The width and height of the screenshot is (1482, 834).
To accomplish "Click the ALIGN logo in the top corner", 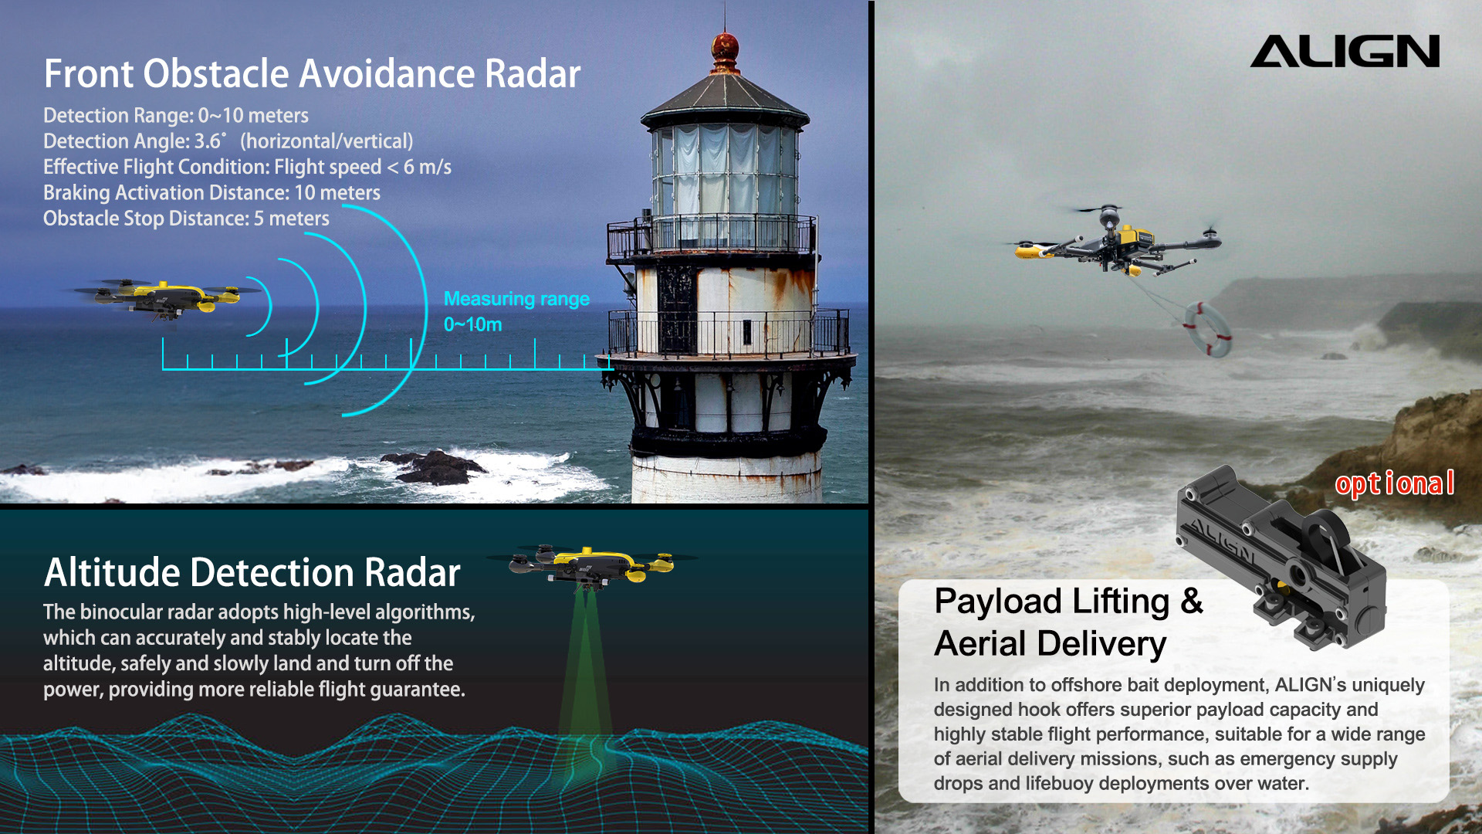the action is (1345, 51).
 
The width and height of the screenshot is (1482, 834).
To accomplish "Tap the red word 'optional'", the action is (1395, 483).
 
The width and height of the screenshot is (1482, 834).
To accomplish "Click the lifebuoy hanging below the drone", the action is (1208, 330).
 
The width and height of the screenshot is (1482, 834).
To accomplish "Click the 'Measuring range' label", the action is (516, 299).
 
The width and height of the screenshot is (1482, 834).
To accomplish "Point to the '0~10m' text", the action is (472, 324).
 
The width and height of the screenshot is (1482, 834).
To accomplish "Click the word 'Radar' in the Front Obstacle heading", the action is (533, 74).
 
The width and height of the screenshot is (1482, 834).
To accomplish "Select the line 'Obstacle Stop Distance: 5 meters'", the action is (186, 219).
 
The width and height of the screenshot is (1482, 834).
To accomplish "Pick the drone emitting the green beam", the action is (590, 566).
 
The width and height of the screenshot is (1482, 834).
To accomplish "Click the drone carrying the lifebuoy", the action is (1115, 239).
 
